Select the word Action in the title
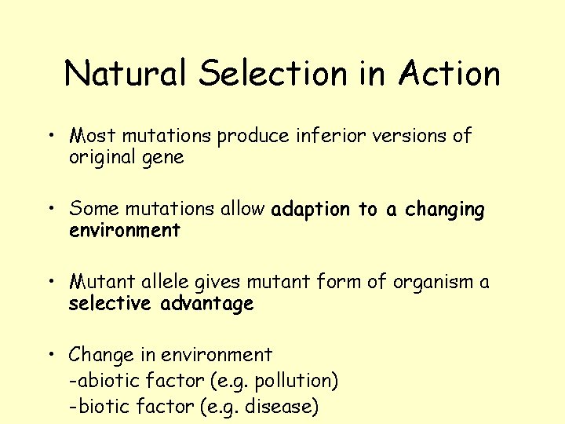click(449, 74)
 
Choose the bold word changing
click(445, 210)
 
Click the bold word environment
click(125, 231)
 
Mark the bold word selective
click(111, 303)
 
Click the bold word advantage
click(207, 304)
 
